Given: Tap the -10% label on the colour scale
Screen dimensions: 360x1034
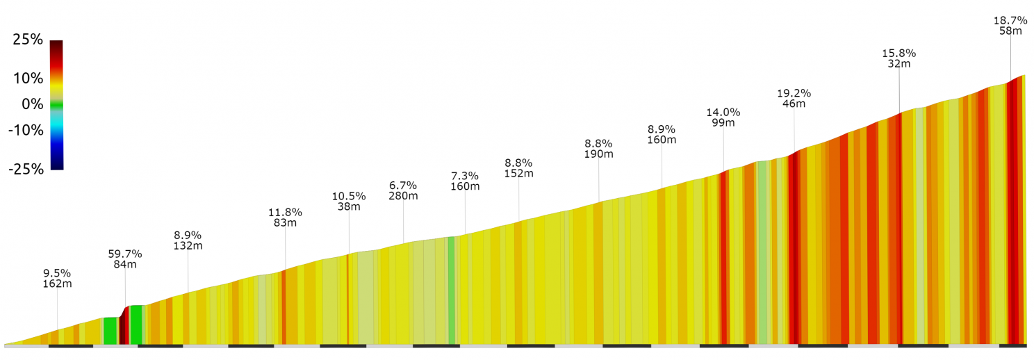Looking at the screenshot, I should tap(26, 130).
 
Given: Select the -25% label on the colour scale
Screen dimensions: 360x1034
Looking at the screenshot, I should tap(26, 169).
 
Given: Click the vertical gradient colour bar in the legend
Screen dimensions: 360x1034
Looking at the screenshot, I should tap(56, 104).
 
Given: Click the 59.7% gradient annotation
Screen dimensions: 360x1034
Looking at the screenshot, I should tap(125, 254).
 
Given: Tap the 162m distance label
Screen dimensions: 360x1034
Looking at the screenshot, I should tap(57, 284).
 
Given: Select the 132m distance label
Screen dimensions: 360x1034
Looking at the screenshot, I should tap(188, 245).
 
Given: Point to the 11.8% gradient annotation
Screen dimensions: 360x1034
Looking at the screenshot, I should tap(285, 212).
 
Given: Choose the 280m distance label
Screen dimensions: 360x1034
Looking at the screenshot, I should tap(403, 196).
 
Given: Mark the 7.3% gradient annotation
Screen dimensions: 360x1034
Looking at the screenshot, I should tap(465, 175).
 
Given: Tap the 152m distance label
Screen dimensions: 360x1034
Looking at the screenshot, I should tap(518, 173).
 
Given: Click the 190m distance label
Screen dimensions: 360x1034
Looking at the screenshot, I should tap(598, 154).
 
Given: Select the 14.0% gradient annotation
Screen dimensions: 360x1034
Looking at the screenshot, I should tap(723, 112).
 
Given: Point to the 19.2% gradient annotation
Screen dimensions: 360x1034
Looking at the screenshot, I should tap(794, 93).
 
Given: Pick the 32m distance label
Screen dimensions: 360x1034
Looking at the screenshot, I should tap(899, 63).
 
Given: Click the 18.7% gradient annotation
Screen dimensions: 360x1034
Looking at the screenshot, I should tap(1010, 19).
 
